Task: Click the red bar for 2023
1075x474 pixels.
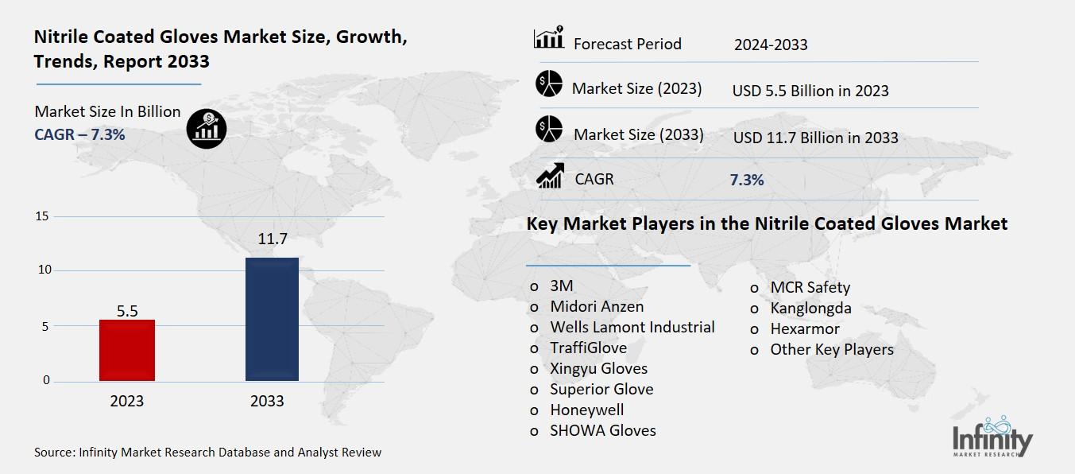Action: pos(126,350)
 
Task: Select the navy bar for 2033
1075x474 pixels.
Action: pos(271,319)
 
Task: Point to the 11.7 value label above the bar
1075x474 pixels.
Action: pos(271,239)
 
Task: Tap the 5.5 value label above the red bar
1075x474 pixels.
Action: pos(127,311)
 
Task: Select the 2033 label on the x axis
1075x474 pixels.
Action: pos(267,401)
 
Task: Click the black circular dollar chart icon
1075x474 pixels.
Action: pos(207,127)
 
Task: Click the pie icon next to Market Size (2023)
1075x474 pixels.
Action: pos(549,84)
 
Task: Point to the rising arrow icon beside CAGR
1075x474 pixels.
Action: pos(550,176)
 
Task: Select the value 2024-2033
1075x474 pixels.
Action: pos(770,45)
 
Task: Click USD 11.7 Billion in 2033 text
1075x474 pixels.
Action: pos(815,138)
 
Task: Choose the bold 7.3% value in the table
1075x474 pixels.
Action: pos(746,180)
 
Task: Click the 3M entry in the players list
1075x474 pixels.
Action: pos(561,286)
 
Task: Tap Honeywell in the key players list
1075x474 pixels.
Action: pos(586,410)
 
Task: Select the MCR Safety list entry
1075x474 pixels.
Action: pos(810,287)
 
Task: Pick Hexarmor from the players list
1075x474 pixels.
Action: pos(804,328)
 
